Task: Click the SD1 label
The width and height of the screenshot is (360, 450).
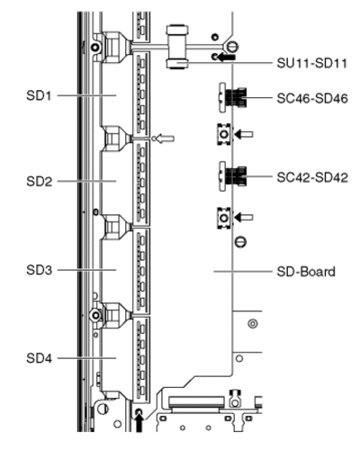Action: pyautogui.click(x=39, y=95)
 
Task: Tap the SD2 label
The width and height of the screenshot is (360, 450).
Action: pyautogui.click(x=39, y=182)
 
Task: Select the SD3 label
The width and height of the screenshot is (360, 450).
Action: pyautogui.click(x=39, y=270)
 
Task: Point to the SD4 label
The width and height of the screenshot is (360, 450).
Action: pyautogui.click(x=39, y=358)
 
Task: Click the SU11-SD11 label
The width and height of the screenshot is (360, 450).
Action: pyautogui.click(x=312, y=63)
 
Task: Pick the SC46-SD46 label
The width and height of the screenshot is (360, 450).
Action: pyautogui.click(x=312, y=98)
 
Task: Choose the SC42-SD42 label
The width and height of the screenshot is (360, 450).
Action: pyautogui.click(x=312, y=177)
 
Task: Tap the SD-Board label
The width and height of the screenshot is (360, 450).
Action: pyautogui.click(x=306, y=272)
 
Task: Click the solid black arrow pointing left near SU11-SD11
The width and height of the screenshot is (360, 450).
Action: pyautogui.click(x=226, y=57)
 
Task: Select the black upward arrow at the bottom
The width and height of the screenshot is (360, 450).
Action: pyautogui.click(x=139, y=422)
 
